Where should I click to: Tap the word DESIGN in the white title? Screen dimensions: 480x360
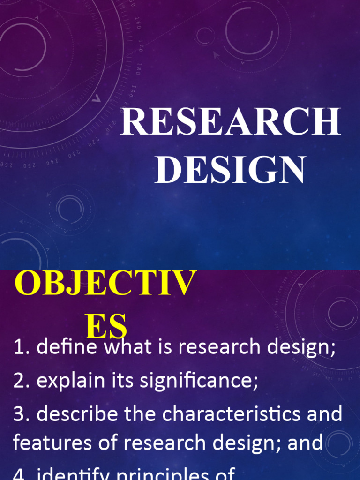(230, 170)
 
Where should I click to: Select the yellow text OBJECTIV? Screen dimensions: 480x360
(105, 284)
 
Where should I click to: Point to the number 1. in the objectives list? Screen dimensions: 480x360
(22, 347)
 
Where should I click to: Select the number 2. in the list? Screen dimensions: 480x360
(22, 381)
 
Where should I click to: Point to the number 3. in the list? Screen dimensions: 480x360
(22, 414)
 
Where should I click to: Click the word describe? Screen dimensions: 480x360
(75, 414)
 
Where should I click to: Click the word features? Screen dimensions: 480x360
(51, 442)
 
